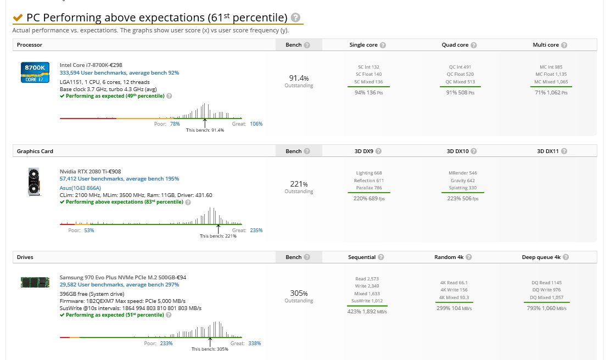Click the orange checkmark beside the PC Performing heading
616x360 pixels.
[18, 17]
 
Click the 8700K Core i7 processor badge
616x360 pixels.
[35, 72]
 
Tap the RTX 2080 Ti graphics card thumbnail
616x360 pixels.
[34, 182]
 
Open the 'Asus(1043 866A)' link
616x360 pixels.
[80, 188]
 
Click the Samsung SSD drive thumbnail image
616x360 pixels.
[35, 282]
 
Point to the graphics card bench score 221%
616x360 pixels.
[299, 184]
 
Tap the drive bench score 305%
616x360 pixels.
[299, 293]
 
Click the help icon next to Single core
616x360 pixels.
[383, 45]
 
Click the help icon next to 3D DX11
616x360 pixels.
[564, 151]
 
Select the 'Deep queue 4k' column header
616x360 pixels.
[541, 257]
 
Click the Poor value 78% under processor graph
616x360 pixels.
[175, 123]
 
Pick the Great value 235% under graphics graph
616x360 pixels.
[256, 230]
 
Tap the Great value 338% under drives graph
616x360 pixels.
[255, 343]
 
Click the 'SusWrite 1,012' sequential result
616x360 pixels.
[367, 301]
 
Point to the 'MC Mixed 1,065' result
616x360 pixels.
[551, 82]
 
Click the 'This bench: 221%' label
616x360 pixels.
[218, 236]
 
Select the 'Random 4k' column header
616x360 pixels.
[449, 257]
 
